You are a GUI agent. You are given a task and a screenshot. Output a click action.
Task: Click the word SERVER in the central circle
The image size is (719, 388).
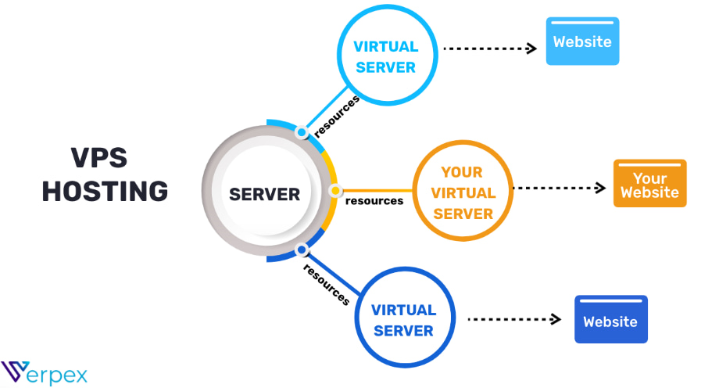tap(263, 193)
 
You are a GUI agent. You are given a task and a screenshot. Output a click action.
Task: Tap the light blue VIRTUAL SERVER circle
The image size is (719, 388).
tap(385, 56)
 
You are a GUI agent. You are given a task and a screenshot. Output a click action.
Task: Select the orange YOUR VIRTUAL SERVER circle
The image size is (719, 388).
tap(463, 192)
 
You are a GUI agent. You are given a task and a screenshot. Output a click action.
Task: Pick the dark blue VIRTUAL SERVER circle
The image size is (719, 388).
tap(402, 319)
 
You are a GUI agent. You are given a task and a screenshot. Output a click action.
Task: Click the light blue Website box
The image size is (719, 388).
tap(582, 41)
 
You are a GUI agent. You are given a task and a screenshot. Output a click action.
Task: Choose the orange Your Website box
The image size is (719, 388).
tap(649, 184)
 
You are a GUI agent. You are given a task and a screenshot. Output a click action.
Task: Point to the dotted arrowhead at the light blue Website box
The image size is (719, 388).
tap(532, 48)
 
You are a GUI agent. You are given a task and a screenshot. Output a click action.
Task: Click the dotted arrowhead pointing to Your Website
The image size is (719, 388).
tap(600, 188)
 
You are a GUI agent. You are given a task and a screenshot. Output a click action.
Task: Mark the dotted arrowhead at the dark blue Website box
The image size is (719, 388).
tap(556, 318)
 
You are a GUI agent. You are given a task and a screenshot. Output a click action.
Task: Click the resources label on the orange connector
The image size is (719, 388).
tap(374, 201)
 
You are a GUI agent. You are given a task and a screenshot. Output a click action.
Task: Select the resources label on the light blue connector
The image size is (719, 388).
tap(337, 117)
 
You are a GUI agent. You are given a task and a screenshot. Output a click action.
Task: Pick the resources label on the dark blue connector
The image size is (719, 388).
tap(327, 285)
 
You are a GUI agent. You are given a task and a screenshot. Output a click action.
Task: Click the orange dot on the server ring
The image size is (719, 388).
tap(335, 190)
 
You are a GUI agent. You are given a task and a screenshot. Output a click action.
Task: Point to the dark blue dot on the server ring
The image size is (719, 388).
tap(301, 250)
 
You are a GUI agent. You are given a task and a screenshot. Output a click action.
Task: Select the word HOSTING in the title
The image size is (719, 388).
tap(105, 192)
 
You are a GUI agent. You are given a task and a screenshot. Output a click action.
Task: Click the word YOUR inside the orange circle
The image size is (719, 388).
tap(462, 172)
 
